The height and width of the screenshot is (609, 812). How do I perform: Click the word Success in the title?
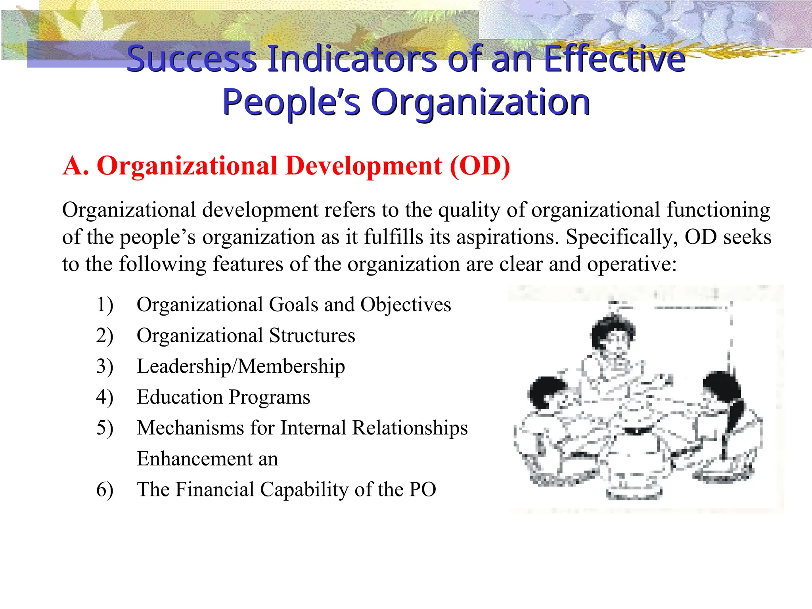click(x=192, y=59)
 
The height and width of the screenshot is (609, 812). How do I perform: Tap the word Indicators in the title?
click(x=352, y=59)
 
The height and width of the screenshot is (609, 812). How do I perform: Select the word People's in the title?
click(x=291, y=102)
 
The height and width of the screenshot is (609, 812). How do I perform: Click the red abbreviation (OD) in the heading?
click(x=480, y=166)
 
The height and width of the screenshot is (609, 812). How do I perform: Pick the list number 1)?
click(x=105, y=305)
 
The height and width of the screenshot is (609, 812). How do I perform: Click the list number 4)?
click(x=105, y=397)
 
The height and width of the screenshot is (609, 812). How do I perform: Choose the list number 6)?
click(x=105, y=490)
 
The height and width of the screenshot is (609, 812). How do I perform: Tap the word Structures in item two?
click(x=312, y=336)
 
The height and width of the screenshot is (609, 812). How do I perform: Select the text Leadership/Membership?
click(x=241, y=366)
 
